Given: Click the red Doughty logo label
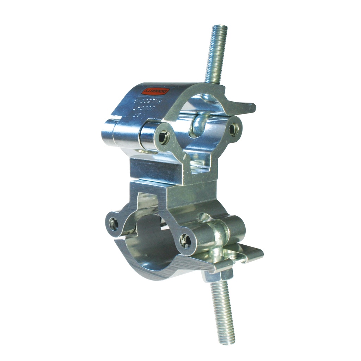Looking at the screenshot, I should (155, 92).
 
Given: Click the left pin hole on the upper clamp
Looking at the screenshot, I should (164, 137).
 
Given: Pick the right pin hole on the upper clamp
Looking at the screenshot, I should (234, 129).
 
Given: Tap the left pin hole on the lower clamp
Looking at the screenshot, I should (113, 224).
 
